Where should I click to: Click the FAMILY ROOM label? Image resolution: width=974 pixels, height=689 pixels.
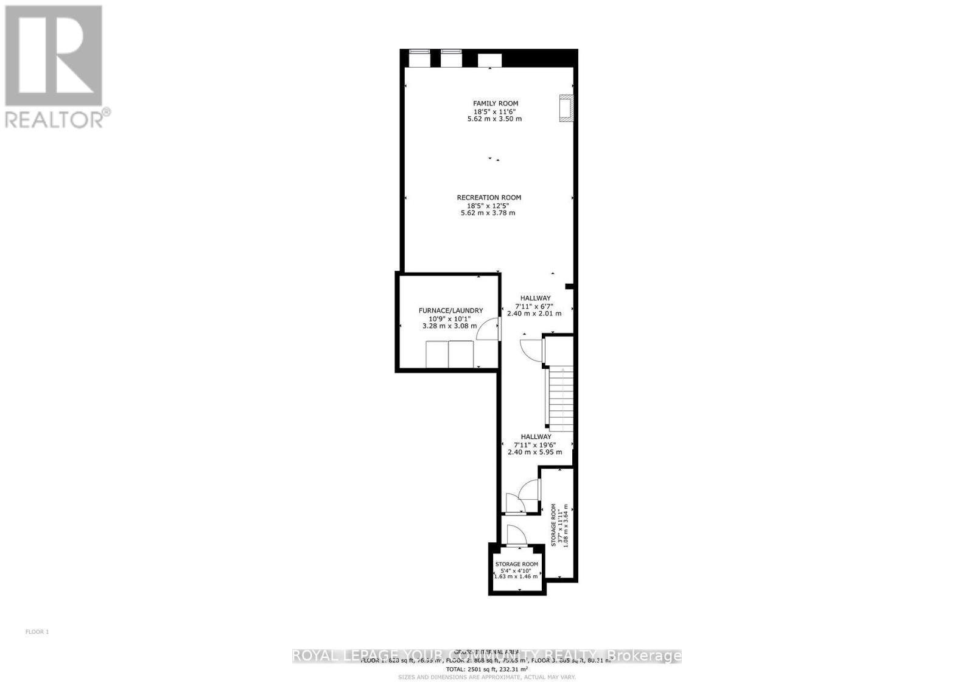[496, 103]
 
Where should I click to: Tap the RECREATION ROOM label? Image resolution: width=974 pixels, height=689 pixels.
[489, 197]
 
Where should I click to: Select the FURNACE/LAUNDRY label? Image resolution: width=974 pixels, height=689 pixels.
[450, 310]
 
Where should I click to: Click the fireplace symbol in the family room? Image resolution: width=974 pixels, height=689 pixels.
[566, 108]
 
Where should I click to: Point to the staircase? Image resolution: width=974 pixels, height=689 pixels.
[561, 399]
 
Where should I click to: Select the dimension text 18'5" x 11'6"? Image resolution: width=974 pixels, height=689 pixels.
[497, 111]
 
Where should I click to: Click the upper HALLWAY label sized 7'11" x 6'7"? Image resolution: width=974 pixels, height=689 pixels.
[535, 298]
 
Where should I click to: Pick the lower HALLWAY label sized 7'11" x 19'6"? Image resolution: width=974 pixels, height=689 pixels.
[536, 436]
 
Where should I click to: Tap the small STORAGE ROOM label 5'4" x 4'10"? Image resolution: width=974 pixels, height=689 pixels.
[516, 564]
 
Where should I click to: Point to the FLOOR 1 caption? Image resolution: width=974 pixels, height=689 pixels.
[37, 632]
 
